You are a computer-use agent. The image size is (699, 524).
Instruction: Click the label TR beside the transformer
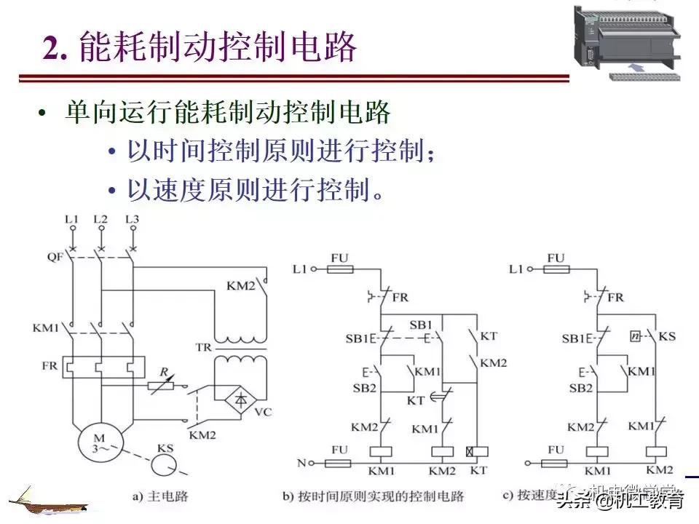[x=203, y=348]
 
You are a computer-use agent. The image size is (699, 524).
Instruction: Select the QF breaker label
[x=55, y=255]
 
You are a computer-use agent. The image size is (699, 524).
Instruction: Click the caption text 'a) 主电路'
[x=160, y=496]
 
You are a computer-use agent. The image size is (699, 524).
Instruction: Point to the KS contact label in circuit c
[x=667, y=338]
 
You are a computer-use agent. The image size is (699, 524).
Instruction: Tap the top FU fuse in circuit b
[x=339, y=269]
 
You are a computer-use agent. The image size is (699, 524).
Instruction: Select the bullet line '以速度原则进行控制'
[x=255, y=191]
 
